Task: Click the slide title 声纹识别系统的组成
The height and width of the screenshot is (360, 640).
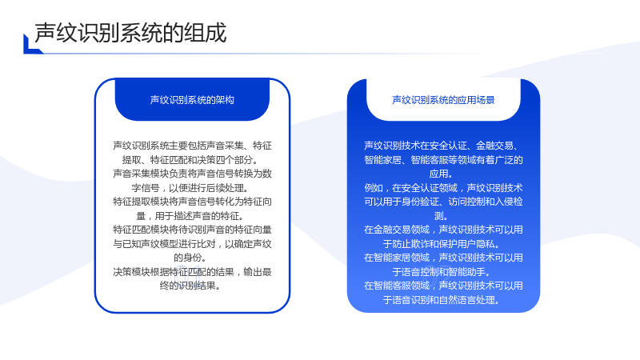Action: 130,33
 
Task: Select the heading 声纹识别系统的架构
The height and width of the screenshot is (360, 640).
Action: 192,100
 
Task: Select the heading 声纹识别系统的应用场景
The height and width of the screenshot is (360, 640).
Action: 443,100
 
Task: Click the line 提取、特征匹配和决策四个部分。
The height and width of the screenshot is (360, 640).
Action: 192,159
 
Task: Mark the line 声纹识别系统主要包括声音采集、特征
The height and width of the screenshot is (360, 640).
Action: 192,146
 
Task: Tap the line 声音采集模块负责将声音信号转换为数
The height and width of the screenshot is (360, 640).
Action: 192,174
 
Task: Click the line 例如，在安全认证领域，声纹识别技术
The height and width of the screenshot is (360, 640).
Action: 443,188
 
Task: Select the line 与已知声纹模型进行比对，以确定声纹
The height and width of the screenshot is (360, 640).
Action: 192,244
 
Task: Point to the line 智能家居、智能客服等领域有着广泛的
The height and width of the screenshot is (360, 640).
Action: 443,159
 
